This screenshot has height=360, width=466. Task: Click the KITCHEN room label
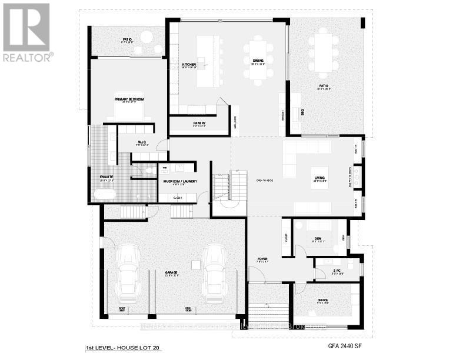click(x=188, y=64)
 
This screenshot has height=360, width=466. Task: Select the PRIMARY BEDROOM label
click(x=129, y=99)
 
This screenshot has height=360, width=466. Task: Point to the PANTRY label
click(x=198, y=123)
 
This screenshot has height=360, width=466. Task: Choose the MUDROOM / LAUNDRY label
click(x=180, y=181)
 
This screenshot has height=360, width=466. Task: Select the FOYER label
click(x=262, y=259)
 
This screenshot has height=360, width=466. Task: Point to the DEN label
click(x=317, y=239)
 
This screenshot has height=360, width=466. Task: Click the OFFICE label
click(x=322, y=300)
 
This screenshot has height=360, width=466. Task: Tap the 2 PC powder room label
click(x=321, y=271)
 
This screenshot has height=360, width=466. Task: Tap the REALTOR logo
click(x=27, y=32)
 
